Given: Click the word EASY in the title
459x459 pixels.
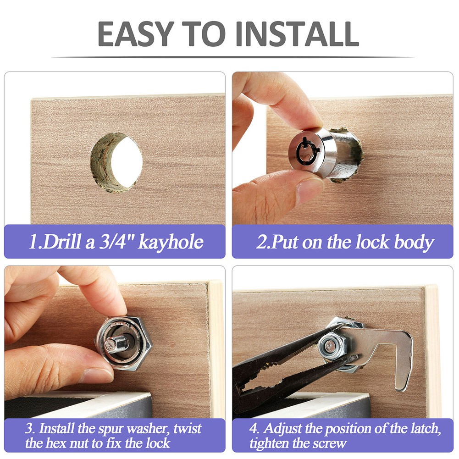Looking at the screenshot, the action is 136,33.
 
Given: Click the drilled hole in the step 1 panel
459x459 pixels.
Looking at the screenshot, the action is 117,163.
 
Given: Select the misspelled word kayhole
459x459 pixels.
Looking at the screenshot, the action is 171,242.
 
